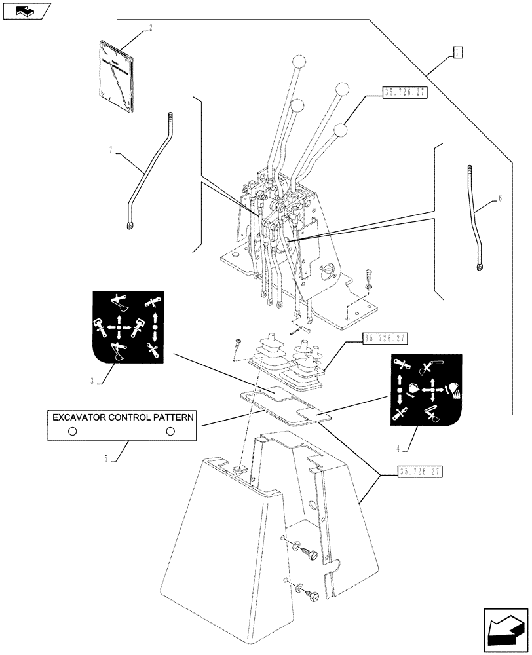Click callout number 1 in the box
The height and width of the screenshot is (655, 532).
tap(458, 52)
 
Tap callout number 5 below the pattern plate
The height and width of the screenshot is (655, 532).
tap(106, 459)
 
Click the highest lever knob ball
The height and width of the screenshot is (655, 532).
tap(299, 62)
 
